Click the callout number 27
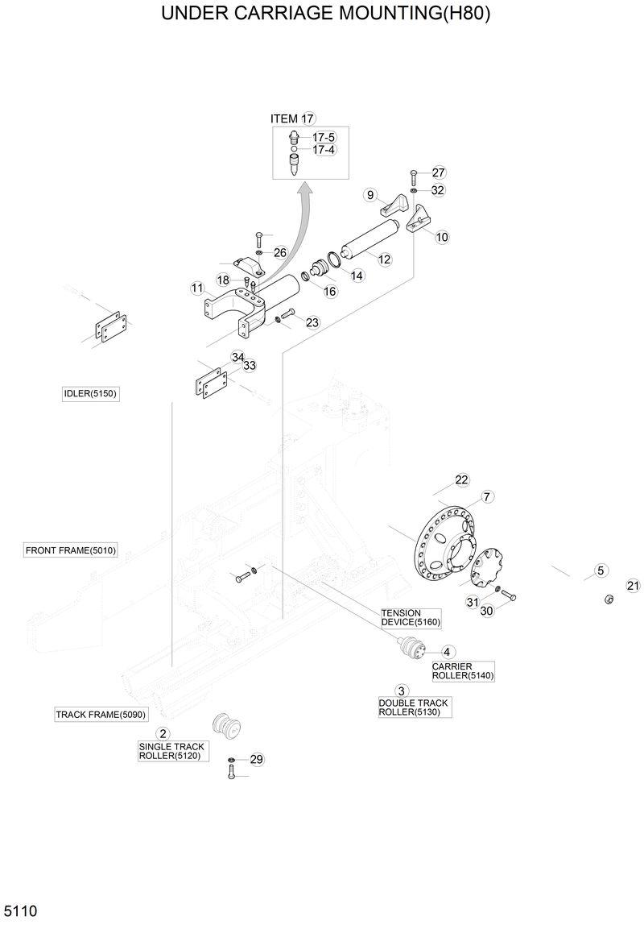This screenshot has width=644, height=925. [438, 172]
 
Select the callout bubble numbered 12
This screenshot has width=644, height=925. [385, 259]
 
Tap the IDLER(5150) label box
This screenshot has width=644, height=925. [91, 393]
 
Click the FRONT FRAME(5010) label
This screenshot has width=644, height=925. [71, 550]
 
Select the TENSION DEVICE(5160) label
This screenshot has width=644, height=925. [411, 617]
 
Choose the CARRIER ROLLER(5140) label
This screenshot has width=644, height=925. [462, 671]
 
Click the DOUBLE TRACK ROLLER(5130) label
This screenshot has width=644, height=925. [413, 707]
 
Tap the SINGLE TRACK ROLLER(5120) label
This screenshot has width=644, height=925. [171, 751]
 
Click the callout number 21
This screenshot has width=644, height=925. [633, 586]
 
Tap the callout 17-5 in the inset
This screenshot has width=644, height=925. [324, 138]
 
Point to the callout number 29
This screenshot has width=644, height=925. [257, 759]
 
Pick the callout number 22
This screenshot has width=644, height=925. [461, 479]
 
